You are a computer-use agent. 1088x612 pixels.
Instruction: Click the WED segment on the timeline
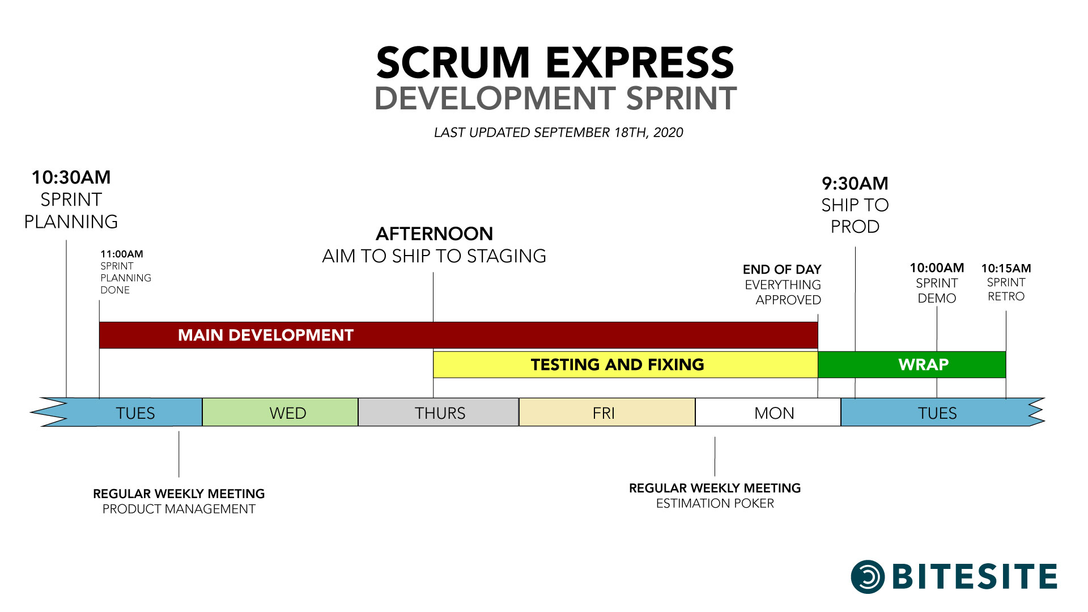point(280,412)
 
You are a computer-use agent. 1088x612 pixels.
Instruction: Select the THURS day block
point(439,412)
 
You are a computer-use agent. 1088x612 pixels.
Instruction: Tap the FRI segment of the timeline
point(607,412)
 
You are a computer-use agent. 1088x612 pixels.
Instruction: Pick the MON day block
point(768,412)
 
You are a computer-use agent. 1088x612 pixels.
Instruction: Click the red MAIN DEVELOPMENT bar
point(458,335)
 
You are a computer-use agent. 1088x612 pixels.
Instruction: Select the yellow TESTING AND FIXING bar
point(626,364)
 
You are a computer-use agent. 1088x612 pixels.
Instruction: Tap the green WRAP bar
point(912,364)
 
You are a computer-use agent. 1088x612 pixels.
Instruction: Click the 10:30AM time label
point(71,177)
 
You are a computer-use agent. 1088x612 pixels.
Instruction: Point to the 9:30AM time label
point(855,184)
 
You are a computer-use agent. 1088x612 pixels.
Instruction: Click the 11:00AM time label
point(122,254)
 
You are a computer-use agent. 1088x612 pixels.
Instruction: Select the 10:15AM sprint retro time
point(1006,268)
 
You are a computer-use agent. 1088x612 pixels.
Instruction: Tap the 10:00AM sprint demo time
point(937,267)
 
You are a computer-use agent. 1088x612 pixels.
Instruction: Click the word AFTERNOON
point(435,233)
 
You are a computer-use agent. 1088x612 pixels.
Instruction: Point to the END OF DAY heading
point(782,269)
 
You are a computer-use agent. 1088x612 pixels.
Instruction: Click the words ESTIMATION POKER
point(715,503)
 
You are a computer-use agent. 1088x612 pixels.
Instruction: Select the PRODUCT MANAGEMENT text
point(179,509)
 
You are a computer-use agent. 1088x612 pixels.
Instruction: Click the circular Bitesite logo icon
point(868,577)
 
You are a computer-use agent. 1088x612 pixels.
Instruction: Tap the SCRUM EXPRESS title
point(555,62)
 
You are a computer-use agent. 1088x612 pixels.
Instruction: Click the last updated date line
point(559,133)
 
